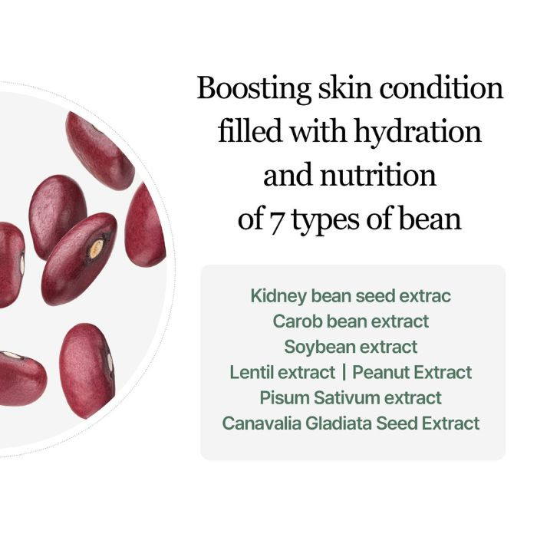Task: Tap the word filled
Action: click(250, 132)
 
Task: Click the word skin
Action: click(342, 88)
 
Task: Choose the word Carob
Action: click(295, 321)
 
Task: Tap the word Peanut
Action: click(381, 372)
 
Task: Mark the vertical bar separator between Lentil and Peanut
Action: click(344, 372)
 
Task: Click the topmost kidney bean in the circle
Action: click(99, 150)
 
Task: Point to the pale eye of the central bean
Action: click(96, 248)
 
